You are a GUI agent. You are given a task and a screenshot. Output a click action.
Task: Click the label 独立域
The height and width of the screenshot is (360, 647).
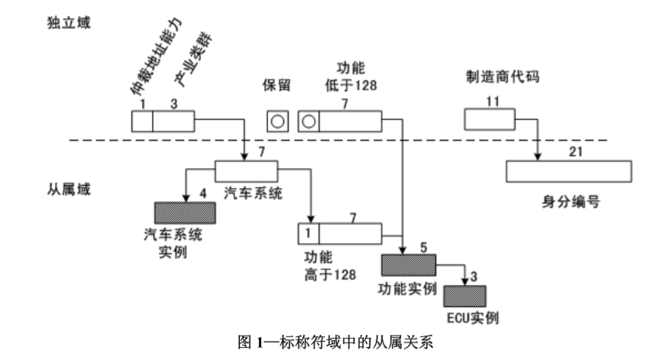pos(68,22)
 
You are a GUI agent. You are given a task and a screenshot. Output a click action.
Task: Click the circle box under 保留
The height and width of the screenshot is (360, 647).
pos(277,121)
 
